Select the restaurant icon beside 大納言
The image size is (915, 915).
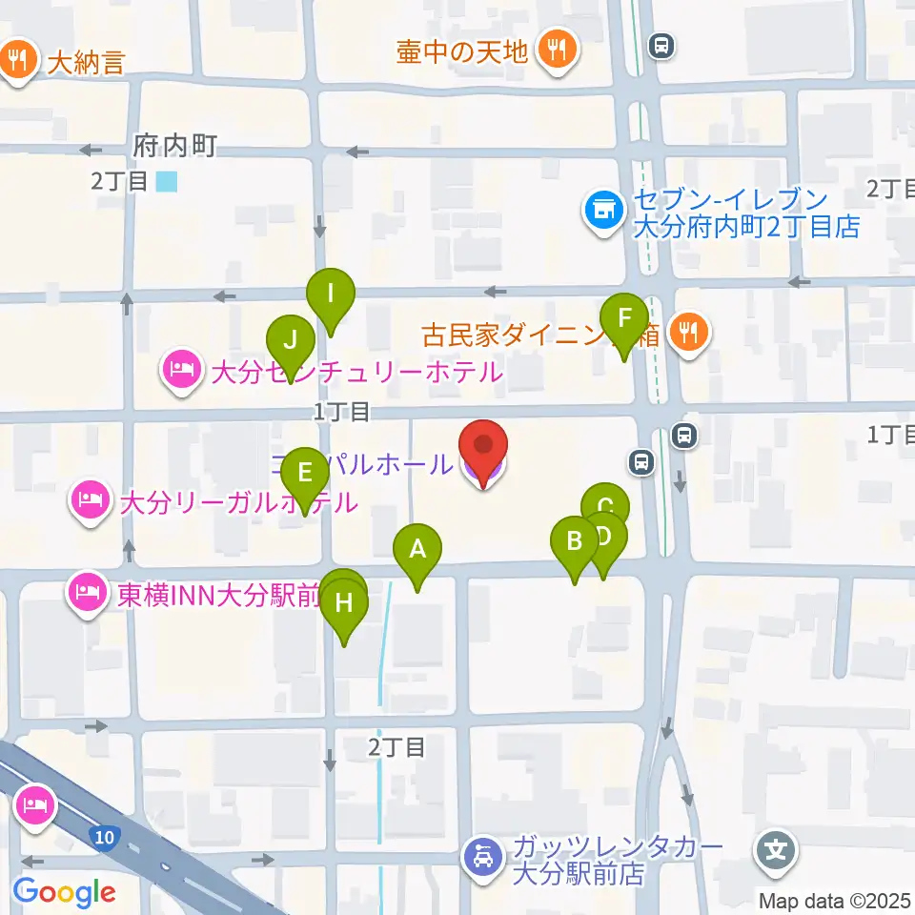click(17, 62)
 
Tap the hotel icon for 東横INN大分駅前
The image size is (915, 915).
click(87, 596)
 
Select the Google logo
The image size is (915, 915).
click(65, 892)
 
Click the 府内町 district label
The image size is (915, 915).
click(175, 147)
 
